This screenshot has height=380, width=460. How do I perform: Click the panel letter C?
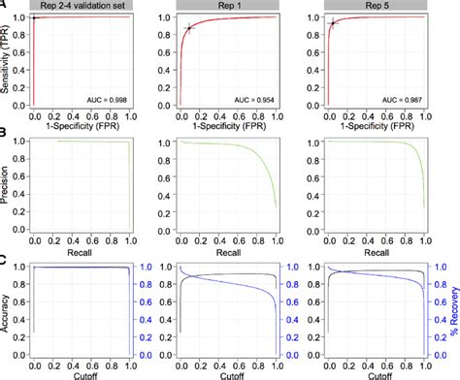click(5, 259)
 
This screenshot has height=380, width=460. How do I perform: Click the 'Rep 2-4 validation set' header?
click(82, 6)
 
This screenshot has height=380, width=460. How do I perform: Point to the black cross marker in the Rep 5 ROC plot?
click(332, 23)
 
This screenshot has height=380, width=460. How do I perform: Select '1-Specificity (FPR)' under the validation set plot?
click(82, 126)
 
